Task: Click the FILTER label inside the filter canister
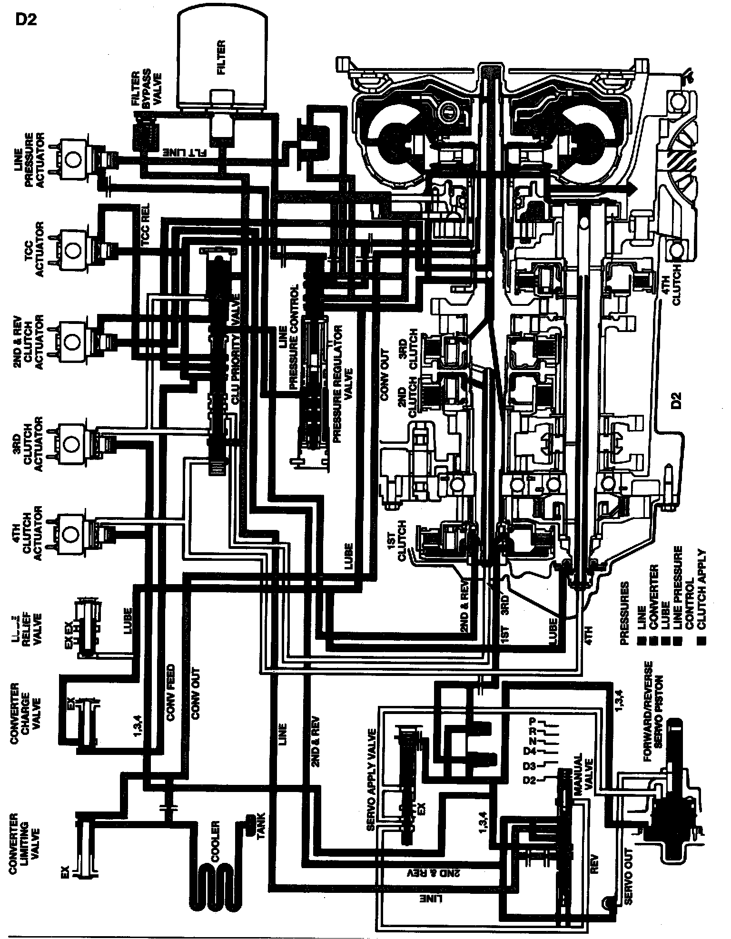[x=222, y=58]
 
